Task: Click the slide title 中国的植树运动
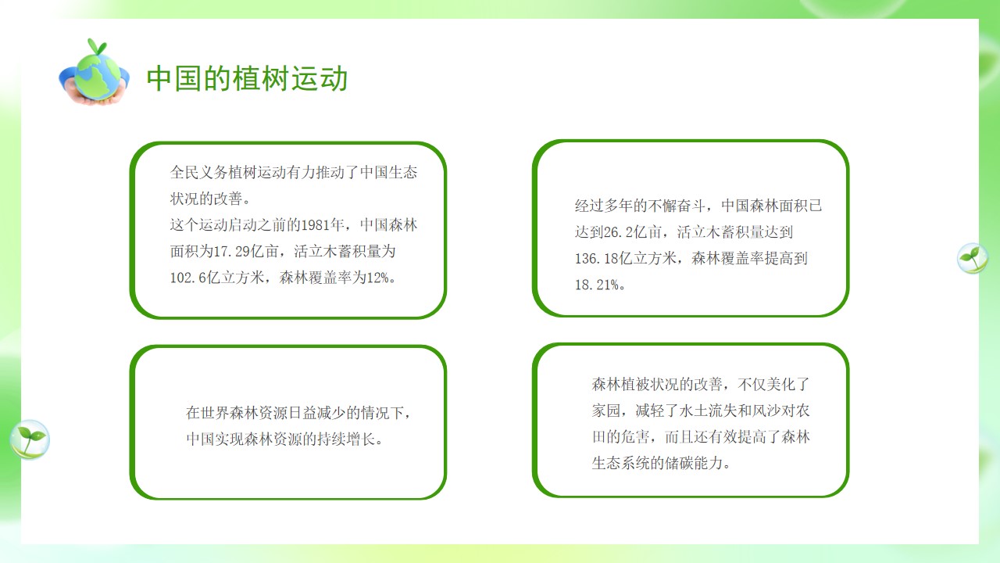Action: [247, 79]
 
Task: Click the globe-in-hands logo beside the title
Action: [94, 73]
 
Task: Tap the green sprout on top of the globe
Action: [98, 46]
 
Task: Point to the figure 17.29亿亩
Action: [246, 251]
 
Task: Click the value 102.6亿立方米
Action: [217, 278]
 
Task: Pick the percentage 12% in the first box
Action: [377, 278]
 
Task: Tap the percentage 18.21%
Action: [597, 285]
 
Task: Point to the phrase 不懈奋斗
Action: [677, 206]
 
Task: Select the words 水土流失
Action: [708, 411]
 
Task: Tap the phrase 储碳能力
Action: [693, 463]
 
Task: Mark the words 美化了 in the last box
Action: [788, 384]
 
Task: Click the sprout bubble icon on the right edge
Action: [973, 258]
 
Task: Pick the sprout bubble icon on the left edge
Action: [30, 439]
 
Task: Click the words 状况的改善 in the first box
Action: [205, 199]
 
